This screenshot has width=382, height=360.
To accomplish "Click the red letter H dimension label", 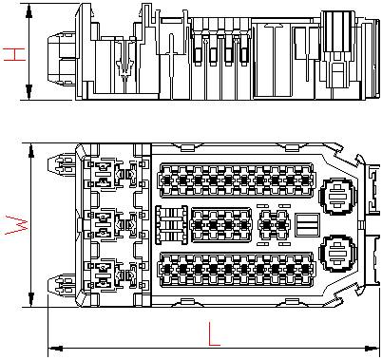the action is [14, 54].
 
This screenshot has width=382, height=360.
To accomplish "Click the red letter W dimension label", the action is [17, 225].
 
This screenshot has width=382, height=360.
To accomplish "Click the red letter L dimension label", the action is [214, 333].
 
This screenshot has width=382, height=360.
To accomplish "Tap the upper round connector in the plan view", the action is [337, 197].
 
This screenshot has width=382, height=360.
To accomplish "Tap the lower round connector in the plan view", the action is [337, 253].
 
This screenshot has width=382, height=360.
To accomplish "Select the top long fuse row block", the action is [237, 180].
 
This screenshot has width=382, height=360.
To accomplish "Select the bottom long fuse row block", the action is [237, 270].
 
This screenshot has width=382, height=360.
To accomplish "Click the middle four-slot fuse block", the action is [220, 225].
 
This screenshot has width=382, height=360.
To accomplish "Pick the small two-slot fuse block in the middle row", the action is [274, 225].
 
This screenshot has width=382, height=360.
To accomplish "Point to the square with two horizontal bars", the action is [307, 225].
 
